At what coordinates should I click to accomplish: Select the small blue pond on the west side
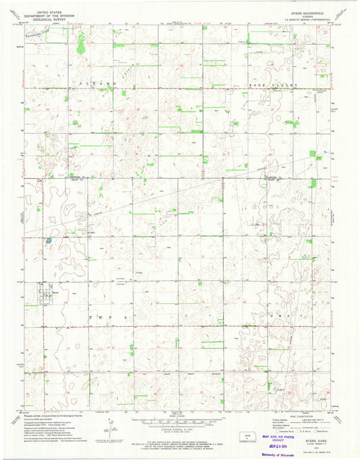click(x=49, y=238)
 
